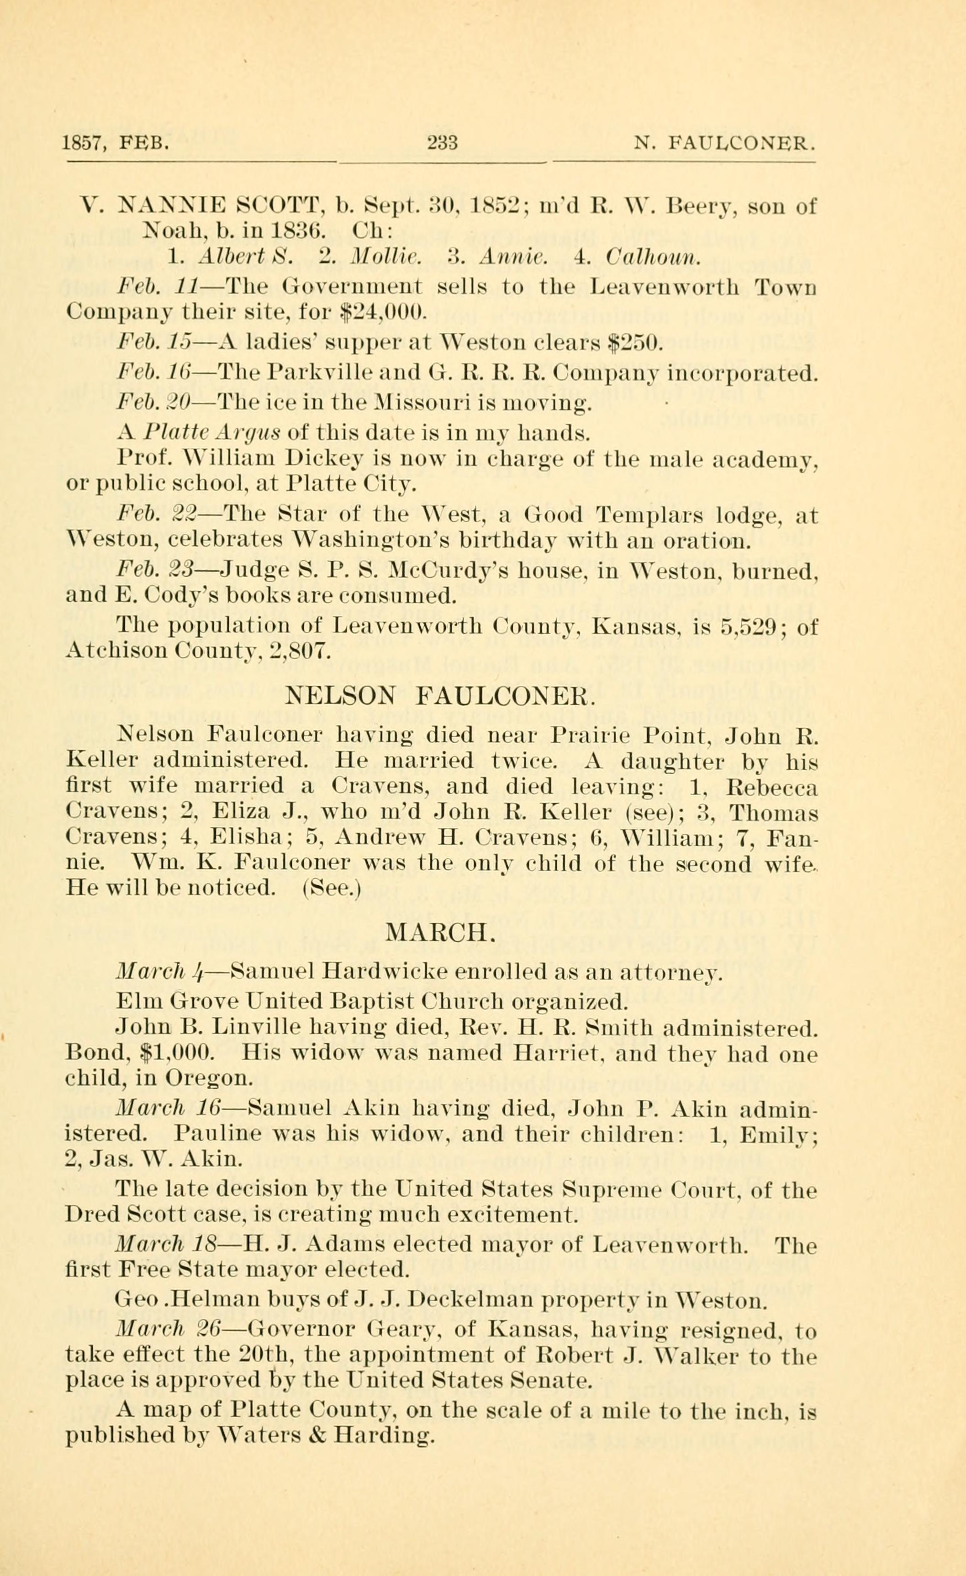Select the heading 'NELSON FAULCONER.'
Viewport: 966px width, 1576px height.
[441, 695]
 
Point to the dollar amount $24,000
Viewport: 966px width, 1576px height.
[384, 312]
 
